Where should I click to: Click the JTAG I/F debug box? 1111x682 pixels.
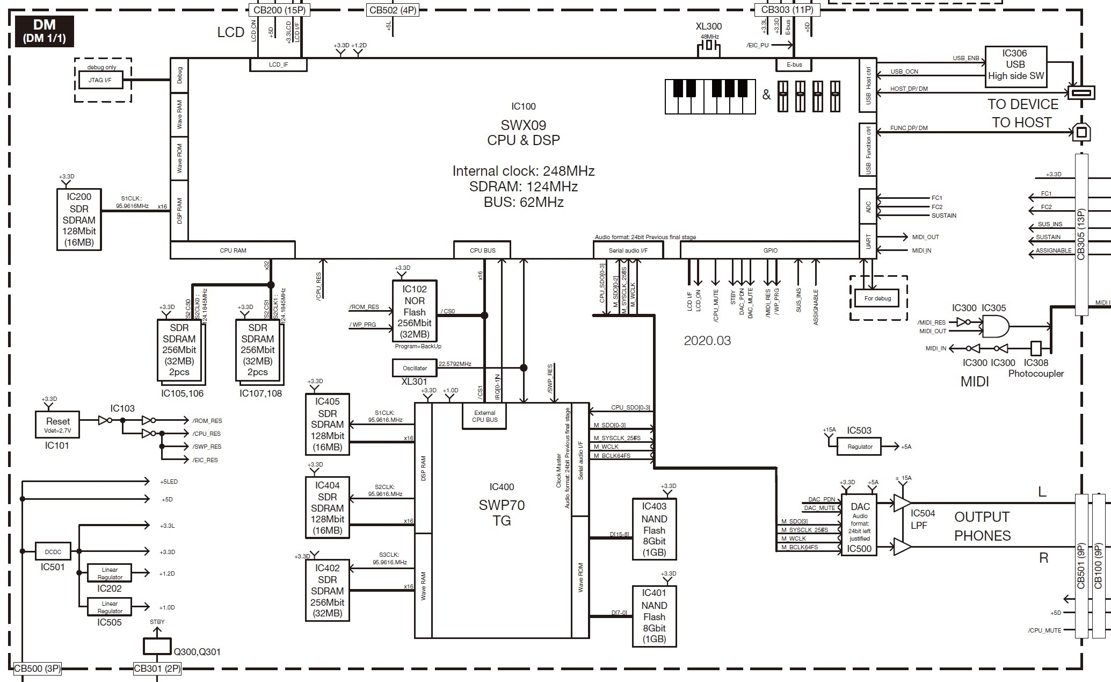click(100, 81)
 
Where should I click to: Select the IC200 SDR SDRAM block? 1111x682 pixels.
click(79, 219)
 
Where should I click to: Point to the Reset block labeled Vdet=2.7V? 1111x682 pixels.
click(57, 425)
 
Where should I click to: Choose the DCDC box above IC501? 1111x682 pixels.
click(53, 551)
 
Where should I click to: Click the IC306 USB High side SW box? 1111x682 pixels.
click(1015, 64)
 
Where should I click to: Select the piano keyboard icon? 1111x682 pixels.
click(710, 97)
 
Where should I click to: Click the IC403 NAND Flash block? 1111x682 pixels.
click(654, 529)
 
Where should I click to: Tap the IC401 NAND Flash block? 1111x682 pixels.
click(654, 616)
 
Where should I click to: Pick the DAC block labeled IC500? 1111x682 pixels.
click(860, 526)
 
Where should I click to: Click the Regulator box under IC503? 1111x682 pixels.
click(860, 447)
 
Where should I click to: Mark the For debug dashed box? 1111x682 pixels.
click(877, 298)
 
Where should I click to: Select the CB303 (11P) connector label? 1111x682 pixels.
click(787, 10)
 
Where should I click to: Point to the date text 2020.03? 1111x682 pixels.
click(707, 340)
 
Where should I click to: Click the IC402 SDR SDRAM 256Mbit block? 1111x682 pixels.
click(327, 591)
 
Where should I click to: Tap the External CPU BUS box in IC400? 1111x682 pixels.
click(484, 417)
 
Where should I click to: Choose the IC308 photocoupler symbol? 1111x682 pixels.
click(1036, 348)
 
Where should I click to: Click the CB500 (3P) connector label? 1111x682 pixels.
click(38, 669)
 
